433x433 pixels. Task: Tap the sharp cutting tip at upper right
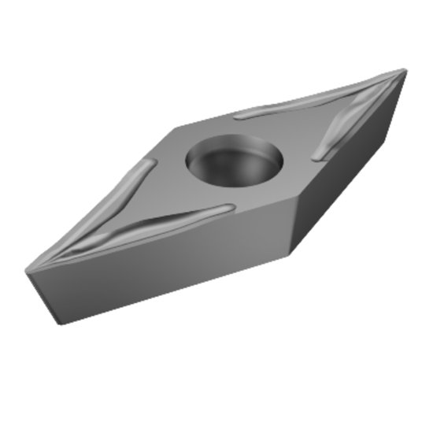(x=405, y=71)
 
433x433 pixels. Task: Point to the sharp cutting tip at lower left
(x=28, y=271)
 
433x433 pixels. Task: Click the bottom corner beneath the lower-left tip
(x=57, y=323)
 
